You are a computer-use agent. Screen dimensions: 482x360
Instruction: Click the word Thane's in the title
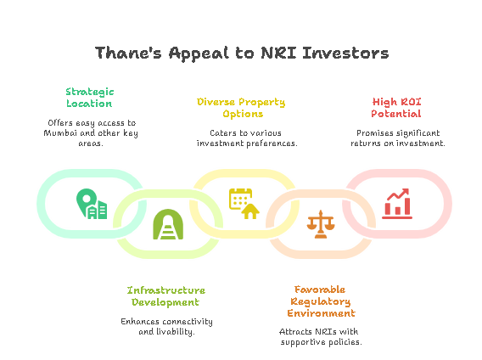point(128,53)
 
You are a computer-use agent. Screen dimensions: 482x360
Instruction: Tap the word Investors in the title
point(345,53)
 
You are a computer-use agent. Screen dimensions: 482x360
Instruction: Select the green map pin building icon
point(92,204)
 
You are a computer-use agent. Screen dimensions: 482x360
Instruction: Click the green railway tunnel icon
point(168,224)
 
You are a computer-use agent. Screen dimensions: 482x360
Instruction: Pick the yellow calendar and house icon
point(244,204)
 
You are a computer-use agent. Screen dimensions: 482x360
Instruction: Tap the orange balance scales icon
point(321,224)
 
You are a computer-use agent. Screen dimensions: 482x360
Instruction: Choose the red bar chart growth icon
point(397,204)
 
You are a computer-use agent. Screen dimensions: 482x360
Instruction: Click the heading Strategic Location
point(89,98)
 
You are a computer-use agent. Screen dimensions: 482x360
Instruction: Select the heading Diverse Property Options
point(241,108)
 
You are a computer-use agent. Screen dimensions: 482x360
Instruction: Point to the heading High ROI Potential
point(396,108)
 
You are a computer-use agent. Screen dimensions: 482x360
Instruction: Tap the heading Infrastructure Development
point(166,296)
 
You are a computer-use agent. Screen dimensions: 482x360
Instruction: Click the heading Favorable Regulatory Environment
point(321,301)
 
